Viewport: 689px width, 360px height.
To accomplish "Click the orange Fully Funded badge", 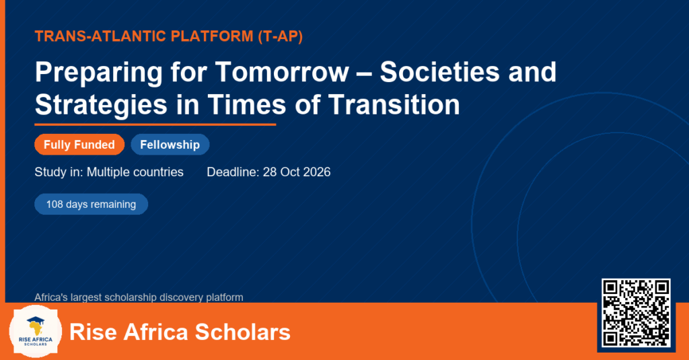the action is point(79,145).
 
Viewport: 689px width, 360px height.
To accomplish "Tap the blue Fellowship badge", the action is point(170,145).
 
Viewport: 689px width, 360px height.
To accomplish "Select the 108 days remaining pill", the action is point(92,205).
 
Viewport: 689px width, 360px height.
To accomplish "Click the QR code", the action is point(636,312).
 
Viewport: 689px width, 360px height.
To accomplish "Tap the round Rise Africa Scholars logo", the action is point(36,332).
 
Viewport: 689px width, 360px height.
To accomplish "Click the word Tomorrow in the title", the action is point(282,71).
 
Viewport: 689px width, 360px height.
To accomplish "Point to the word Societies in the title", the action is point(440,71).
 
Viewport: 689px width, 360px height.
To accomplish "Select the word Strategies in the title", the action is point(101,106).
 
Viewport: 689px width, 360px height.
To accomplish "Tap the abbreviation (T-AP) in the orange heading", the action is point(281,36).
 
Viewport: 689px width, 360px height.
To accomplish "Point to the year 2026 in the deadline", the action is point(317,172).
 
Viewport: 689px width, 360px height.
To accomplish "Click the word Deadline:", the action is point(233,172).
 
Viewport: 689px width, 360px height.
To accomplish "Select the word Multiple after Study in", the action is point(110,172).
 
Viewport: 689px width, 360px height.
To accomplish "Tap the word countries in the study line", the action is point(160,172).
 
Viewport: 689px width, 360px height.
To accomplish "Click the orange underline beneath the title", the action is point(155,125).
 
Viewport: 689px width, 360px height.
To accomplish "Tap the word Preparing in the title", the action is point(99,73).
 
